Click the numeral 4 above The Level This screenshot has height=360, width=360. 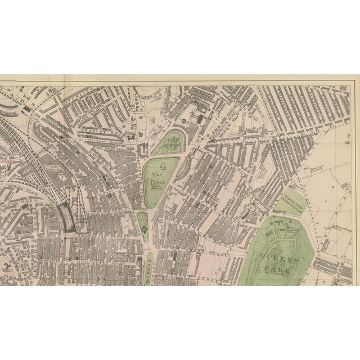[164, 166]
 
